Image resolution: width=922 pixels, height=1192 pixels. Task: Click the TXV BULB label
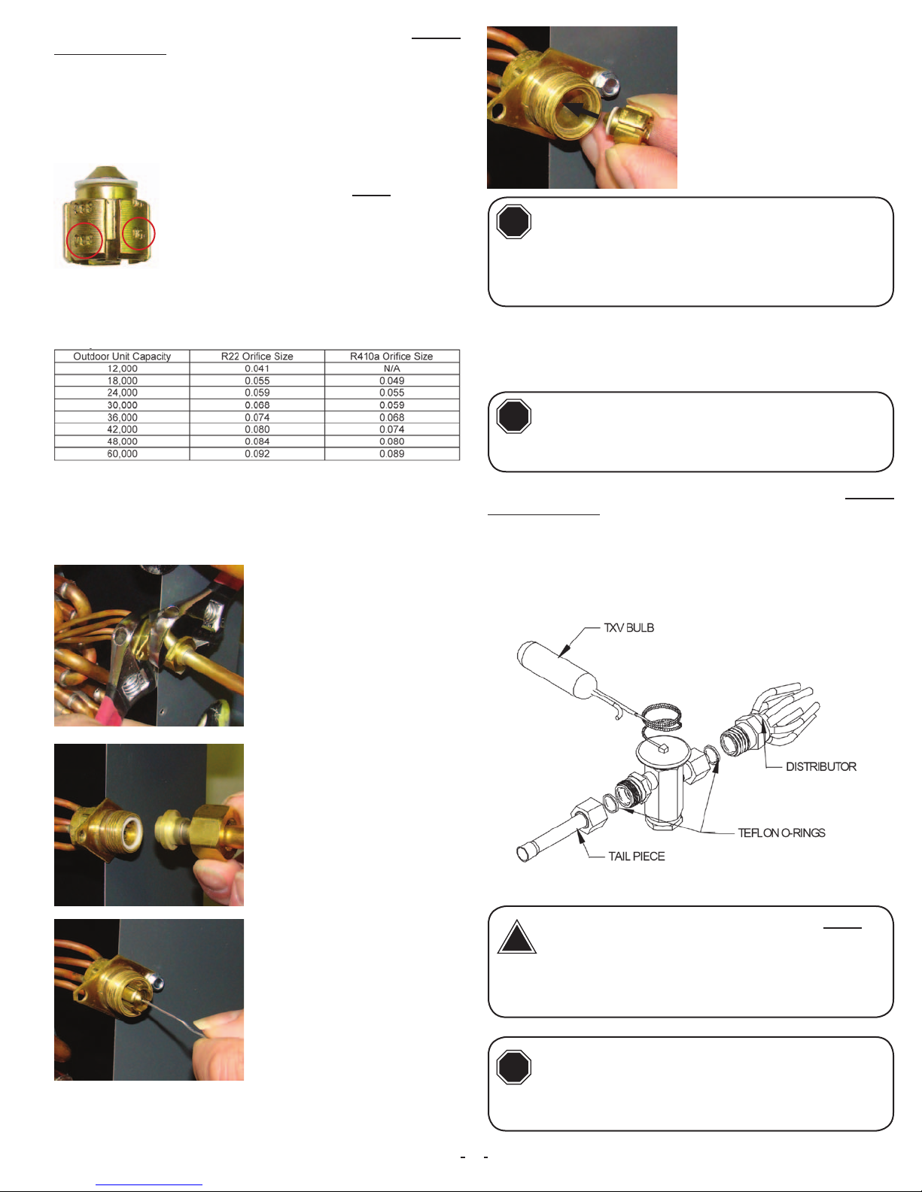point(629,627)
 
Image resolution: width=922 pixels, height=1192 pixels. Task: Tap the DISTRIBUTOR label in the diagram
point(821,766)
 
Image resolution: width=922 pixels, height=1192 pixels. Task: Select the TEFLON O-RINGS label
point(781,833)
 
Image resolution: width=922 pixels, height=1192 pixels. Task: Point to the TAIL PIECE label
point(637,857)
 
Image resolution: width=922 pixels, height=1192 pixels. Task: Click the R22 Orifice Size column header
point(257,356)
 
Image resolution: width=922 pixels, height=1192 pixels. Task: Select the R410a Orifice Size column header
point(391,356)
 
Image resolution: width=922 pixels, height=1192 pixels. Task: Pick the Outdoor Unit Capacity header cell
point(122,356)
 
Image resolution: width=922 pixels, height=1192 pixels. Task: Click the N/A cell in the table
point(392,369)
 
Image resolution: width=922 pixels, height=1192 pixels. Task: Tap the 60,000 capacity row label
point(122,453)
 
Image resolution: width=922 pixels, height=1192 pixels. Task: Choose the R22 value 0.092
point(257,453)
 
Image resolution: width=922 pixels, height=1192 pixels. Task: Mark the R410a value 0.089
point(392,453)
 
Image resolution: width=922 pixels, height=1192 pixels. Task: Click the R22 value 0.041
point(257,369)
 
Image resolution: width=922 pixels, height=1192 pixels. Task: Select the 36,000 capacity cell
point(122,417)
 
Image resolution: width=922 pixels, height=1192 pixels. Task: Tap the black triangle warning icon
point(516,938)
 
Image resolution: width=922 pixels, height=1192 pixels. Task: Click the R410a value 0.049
point(392,381)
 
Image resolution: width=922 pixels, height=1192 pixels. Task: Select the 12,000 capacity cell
point(122,369)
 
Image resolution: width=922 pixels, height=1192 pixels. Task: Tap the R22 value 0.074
point(257,417)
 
